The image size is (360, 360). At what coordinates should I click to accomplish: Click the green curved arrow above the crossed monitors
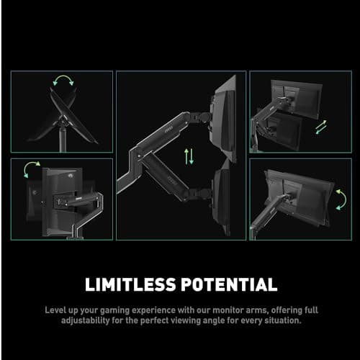63,81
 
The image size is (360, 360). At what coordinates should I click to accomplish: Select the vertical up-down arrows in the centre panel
189,155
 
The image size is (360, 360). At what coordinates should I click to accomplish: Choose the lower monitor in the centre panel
223,196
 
